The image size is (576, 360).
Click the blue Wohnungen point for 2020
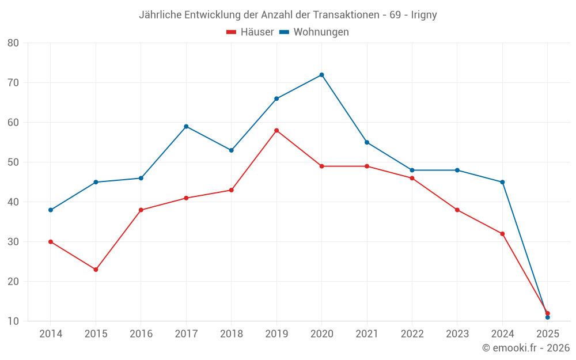tap(321, 75)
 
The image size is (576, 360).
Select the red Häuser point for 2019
tap(276, 131)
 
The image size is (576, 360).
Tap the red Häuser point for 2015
tap(96, 270)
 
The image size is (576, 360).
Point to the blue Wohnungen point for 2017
tap(186, 127)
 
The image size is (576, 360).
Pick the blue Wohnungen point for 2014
tap(51, 210)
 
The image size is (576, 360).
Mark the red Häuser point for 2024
tap(502, 234)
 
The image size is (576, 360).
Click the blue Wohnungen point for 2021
tap(367, 142)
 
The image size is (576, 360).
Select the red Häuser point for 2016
tap(141, 210)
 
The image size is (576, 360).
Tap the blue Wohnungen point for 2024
tap(502, 182)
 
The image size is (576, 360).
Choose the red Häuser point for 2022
tap(412, 178)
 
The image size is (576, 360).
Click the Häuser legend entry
tap(251, 32)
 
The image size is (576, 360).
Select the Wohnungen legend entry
tap(314, 32)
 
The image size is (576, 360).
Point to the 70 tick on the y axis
tap(13, 83)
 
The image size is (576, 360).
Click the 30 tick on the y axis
tap(13, 242)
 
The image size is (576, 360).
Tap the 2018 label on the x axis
tap(231, 334)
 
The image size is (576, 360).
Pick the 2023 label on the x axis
tap(457, 334)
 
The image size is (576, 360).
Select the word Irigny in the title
tap(424, 15)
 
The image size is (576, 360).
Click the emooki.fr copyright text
tap(526, 348)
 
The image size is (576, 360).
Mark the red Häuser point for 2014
tap(51, 242)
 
